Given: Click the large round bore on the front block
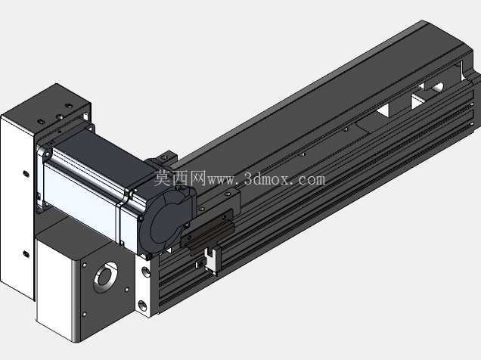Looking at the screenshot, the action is point(105,277).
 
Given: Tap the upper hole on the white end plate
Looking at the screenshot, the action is point(146,271).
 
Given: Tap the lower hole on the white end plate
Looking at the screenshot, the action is point(143,305).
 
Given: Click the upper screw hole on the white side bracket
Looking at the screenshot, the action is point(26,174).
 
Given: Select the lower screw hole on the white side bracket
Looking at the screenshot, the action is point(26,254).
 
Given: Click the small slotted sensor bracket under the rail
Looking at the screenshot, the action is point(211,259).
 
